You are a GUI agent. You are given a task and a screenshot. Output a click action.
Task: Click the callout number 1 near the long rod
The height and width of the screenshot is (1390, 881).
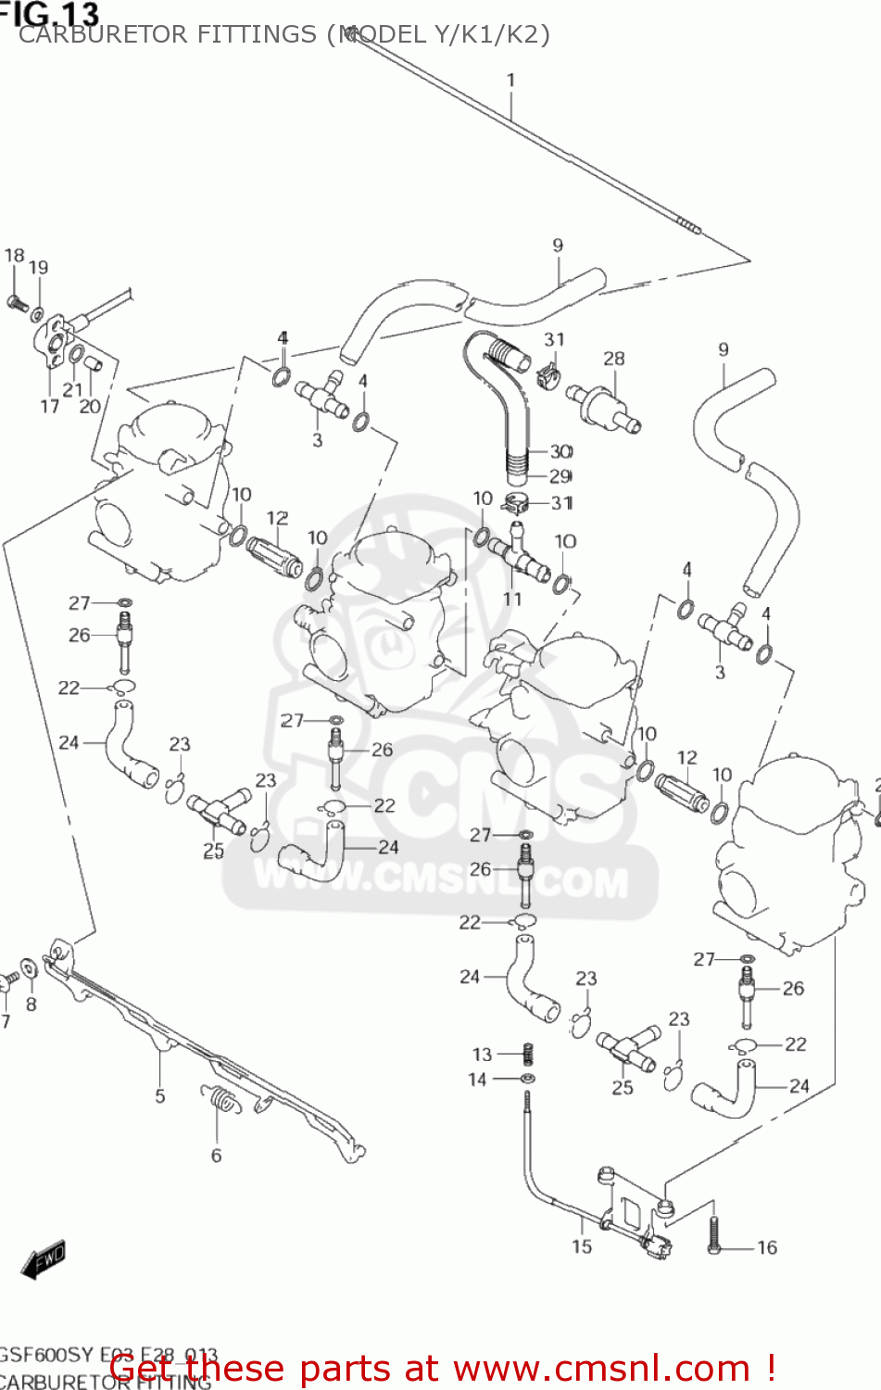tap(510, 81)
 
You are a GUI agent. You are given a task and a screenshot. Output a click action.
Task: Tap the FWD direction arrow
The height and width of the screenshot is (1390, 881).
tap(44, 1259)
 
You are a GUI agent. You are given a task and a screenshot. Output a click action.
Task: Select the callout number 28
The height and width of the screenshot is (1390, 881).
tap(613, 359)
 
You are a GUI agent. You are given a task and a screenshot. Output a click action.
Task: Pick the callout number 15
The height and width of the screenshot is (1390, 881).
tap(581, 1246)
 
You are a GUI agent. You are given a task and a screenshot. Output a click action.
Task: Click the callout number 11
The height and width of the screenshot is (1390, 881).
tap(512, 600)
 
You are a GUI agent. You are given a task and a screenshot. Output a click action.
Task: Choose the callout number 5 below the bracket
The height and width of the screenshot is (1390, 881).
tap(159, 1096)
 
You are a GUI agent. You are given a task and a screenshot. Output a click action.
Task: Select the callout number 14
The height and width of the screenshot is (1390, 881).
tap(477, 1079)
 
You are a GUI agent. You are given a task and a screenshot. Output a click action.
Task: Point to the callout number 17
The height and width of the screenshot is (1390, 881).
tap(49, 406)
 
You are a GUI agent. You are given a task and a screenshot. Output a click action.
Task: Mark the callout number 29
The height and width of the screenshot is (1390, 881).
tap(560, 476)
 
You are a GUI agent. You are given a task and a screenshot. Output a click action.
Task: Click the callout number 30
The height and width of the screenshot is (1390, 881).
tap(561, 451)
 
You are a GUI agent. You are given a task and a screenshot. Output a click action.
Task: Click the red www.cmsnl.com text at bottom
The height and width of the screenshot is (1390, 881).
tap(601, 1368)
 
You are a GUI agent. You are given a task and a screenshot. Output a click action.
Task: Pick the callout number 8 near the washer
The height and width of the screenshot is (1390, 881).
tap(31, 1005)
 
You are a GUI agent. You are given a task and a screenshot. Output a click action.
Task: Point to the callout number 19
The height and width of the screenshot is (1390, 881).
tap(38, 268)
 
